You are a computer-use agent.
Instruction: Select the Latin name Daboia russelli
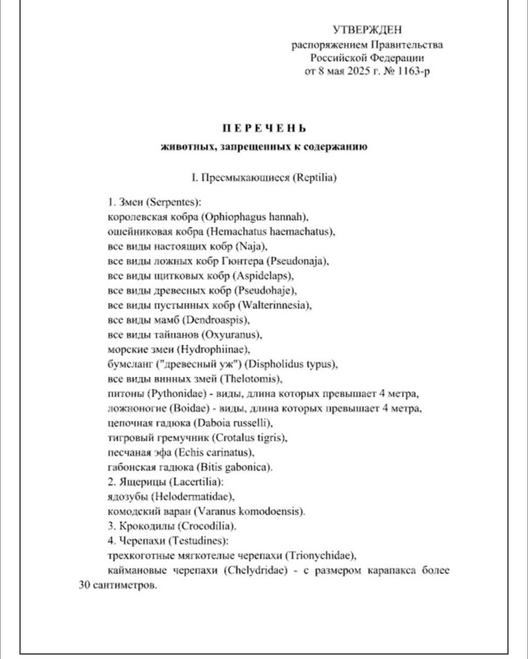pos(233,423)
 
